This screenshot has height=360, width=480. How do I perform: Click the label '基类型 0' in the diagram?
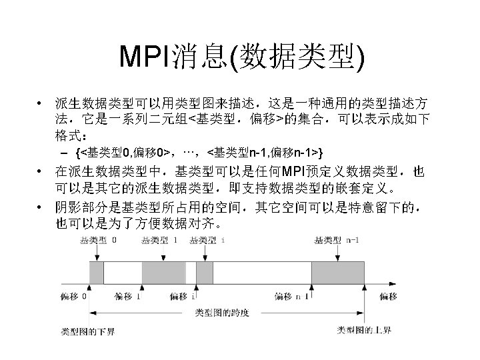point(97,240)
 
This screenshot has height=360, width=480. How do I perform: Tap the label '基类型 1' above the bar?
point(159,240)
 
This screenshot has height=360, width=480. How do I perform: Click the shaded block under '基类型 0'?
point(97,273)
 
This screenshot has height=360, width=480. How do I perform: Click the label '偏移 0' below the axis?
point(73,295)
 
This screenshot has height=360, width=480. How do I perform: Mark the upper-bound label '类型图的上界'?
point(363,329)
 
